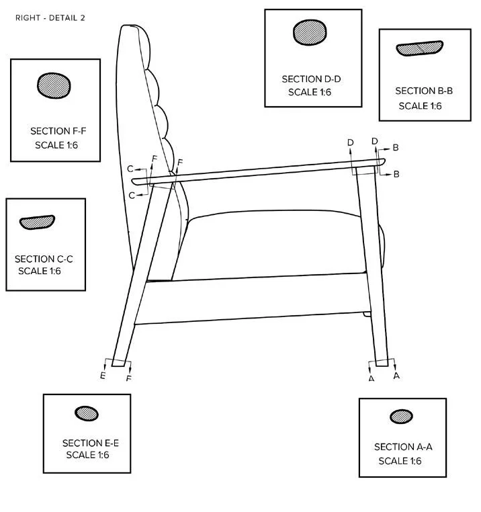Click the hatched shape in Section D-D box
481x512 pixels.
tap(309, 33)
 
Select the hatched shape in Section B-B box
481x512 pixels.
tap(419, 48)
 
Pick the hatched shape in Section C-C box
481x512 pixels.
tap(37, 222)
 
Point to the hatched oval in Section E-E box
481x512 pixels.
tap(86, 413)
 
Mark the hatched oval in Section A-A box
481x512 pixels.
tap(401, 416)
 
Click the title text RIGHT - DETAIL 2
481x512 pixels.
tap(50, 17)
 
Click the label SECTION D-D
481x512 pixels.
tap(311, 79)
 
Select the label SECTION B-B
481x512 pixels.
tap(423, 91)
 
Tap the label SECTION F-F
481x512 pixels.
tap(58, 131)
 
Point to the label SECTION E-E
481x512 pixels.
tap(91, 443)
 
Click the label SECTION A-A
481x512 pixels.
tap(403, 447)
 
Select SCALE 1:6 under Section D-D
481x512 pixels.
tap(310, 92)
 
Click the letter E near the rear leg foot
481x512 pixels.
tap(103, 376)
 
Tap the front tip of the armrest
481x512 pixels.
tap(382, 162)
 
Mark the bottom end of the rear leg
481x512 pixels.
tap(120, 362)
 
